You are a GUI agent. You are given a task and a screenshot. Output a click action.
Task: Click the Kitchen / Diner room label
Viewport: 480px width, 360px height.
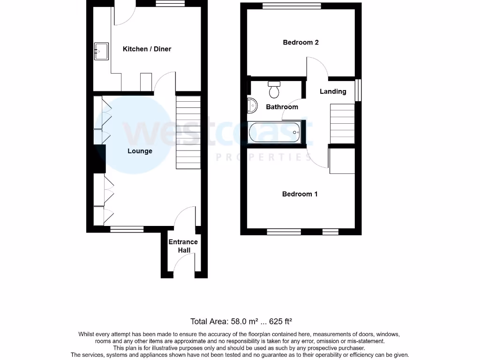[147, 49]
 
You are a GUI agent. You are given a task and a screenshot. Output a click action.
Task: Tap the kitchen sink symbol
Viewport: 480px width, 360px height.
[101, 52]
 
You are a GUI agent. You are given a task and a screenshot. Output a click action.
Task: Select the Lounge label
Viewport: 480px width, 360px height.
[140, 151]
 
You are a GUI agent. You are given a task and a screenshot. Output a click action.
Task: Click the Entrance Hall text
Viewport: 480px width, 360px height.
[183, 246]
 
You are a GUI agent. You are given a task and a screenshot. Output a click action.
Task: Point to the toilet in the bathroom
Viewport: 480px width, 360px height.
[275, 89]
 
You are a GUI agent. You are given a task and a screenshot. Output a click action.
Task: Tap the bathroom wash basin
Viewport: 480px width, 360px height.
[252, 106]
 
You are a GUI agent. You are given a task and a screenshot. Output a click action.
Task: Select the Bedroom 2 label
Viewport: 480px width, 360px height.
[301, 42]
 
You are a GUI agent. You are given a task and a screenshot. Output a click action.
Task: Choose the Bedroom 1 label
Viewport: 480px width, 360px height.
[300, 194]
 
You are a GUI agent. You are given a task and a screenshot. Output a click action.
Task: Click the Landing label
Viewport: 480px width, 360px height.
[333, 91]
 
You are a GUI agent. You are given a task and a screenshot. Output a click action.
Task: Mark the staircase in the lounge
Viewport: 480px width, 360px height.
[188, 132]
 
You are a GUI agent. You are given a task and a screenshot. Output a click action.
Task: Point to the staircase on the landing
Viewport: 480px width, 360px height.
[342, 123]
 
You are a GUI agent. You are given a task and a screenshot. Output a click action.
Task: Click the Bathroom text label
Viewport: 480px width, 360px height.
[282, 107]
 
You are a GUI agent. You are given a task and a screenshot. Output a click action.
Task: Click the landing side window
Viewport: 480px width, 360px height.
[359, 89]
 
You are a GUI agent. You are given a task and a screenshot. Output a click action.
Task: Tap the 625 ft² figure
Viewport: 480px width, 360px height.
[280, 322]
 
